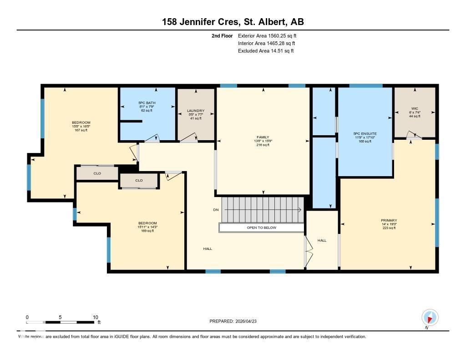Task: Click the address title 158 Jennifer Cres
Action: pos(233,22)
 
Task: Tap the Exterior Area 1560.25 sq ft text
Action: pos(267,35)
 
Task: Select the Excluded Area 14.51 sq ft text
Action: pos(266,51)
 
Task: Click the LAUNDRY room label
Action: pos(195,111)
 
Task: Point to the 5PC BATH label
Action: pos(147,103)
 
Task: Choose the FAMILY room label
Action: pos(263,137)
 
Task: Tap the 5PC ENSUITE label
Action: pos(365,134)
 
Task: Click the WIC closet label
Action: pos(415,108)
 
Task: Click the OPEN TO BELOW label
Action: pos(261,228)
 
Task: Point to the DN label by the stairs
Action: pos(216,210)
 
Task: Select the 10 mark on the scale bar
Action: pos(96,317)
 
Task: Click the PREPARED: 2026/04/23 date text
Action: pos(236,321)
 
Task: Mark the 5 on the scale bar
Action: pos(60,317)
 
